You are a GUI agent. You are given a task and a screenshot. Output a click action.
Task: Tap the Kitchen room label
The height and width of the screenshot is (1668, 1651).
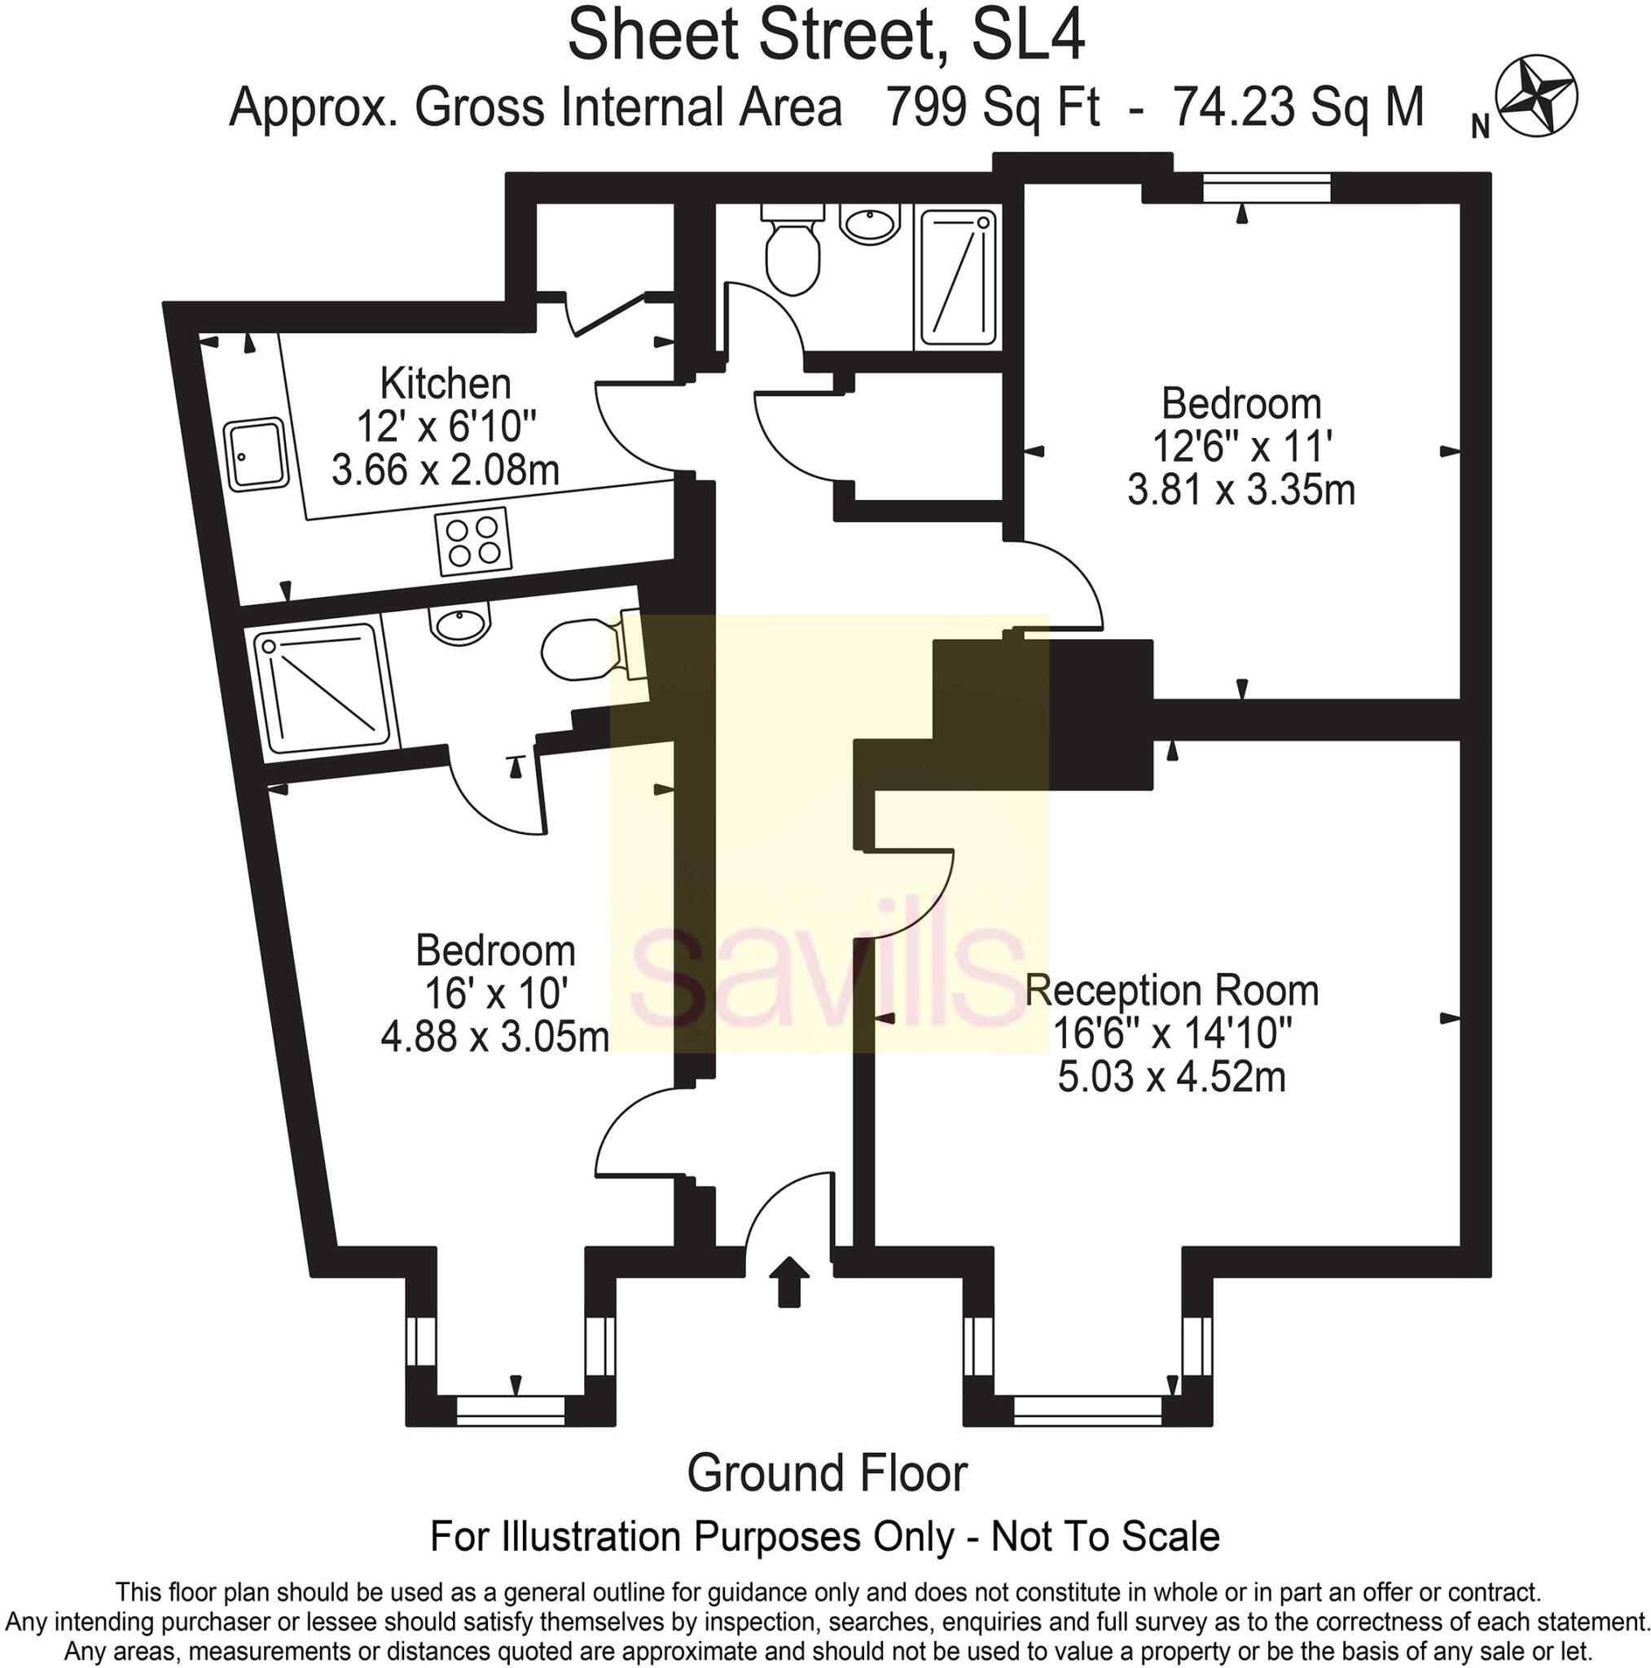[x=446, y=383]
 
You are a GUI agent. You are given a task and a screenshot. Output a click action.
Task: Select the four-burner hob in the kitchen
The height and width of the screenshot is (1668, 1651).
[x=473, y=541]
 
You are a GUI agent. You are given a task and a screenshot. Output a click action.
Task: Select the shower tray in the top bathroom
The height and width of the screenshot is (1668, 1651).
[x=958, y=277]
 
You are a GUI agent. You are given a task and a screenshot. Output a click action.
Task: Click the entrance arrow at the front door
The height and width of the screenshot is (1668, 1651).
[x=788, y=1281]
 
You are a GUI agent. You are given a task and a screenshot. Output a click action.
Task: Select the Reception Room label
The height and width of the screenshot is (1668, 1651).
[x=1172, y=990]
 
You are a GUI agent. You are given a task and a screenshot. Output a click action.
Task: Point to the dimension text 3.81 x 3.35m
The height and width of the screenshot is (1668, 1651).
[x=1240, y=490]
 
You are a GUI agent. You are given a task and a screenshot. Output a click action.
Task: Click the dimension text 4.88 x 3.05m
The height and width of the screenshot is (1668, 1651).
[x=494, y=1036]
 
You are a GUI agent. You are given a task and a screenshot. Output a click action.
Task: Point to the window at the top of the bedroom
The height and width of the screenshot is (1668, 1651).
[x=1267, y=187]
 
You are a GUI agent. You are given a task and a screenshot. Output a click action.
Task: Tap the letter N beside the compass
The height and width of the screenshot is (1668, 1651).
[x=1481, y=127]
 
